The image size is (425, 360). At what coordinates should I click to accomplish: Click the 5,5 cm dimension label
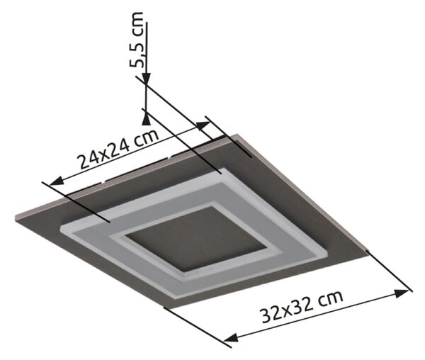[x=136, y=43]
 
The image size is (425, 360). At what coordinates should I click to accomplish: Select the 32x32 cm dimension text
[x=302, y=306]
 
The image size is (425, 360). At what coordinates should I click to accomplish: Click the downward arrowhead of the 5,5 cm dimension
[x=146, y=80]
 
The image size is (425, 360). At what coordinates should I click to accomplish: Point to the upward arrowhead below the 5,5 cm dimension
[x=146, y=119]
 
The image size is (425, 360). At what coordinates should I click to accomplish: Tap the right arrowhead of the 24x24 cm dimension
[x=203, y=125]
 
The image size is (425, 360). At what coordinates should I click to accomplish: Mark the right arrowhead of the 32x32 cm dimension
[x=402, y=293]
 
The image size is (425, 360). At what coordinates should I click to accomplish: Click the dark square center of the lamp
[x=195, y=239]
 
